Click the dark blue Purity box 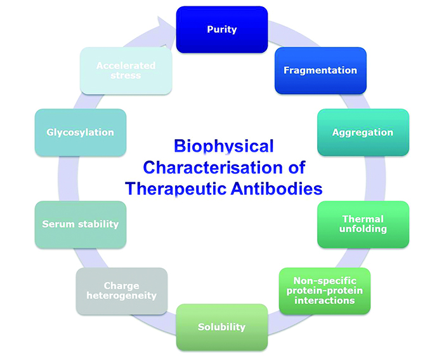[221, 29]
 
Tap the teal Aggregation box [363, 133]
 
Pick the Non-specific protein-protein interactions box [325, 290]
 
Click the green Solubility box [221, 327]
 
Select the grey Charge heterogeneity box [121, 291]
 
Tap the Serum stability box [80, 224]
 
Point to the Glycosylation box [80, 133]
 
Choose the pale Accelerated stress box [126, 70]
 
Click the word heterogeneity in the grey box [121, 296]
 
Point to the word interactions [325, 300]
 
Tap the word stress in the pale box [126, 76]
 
